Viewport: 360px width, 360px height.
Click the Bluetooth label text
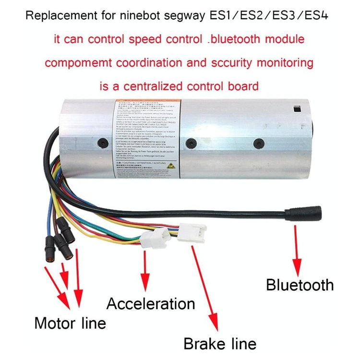(300, 285)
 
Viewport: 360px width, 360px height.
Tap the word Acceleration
(151, 303)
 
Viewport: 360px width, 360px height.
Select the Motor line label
(70, 323)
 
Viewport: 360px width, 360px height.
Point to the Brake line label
(220, 343)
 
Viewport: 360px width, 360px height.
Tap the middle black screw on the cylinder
(192, 143)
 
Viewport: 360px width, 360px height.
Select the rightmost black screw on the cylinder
(260, 143)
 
